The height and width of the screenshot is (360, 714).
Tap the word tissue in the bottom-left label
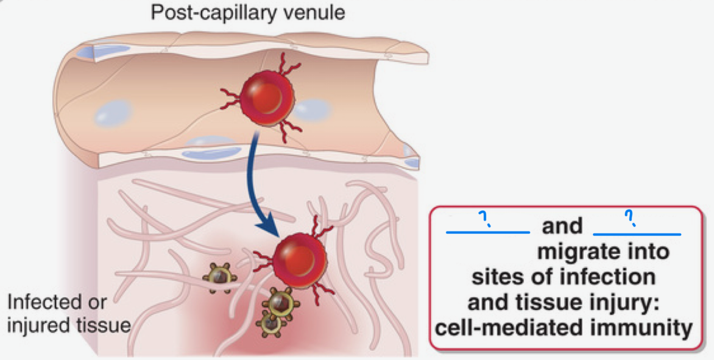click(x=103, y=324)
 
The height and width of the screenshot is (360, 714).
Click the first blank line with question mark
click(x=488, y=230)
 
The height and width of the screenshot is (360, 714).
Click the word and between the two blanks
click(x=562, y=227)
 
